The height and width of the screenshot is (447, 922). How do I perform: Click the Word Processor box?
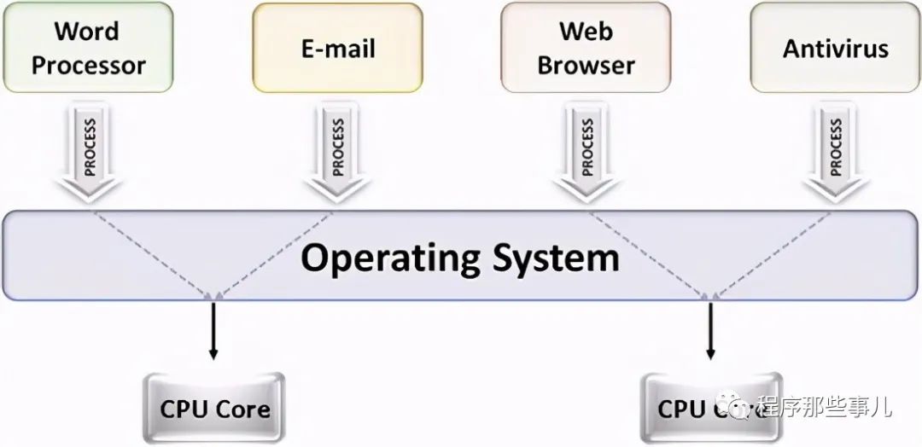(x=88, y=48)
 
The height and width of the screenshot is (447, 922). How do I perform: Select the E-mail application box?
(x=337, y=48)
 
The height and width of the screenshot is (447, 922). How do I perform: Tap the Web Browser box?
(x=586, y=48)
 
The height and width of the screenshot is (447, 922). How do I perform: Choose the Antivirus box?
(x=836, y=48)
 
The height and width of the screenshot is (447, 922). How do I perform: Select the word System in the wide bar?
(x=556, y=257)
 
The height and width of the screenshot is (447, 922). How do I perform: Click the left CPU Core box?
(x=214, y=407)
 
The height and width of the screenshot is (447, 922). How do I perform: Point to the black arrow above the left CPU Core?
(x=213, y=329)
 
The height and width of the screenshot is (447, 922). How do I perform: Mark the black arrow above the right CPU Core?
(x=710, y=329)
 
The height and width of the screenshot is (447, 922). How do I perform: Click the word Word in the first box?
(x=87, y=31)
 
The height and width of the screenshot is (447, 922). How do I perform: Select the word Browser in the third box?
(x=586, y=65)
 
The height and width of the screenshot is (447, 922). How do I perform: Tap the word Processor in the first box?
(x=89, y=65)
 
